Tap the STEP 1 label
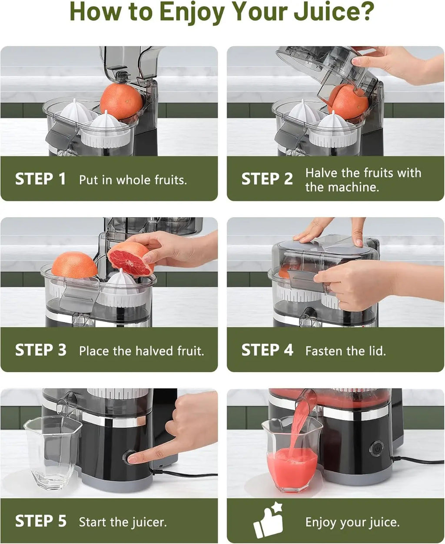[40, 179]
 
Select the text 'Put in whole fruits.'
[133, 180]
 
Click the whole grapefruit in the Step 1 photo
[121, 101]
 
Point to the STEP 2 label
[267, 179]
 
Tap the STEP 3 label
[40, 350]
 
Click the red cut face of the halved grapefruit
[130, 261]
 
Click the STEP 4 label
[267, 350]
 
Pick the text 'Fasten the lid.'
[345, 351]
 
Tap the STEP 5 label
[40, 521]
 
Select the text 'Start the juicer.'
[123, 522]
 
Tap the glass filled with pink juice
[292, 461]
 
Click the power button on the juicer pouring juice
[376, 448]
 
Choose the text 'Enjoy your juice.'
[352, 522]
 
